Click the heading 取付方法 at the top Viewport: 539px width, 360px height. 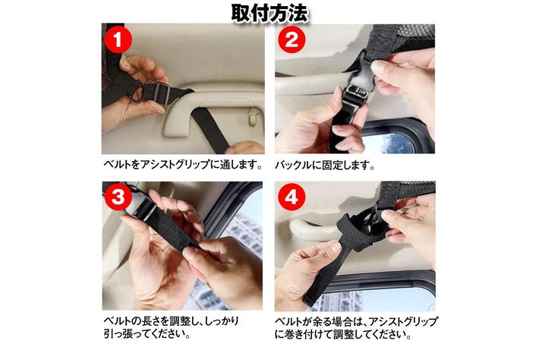click(269, 14)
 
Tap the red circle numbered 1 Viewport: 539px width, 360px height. click(118, 39)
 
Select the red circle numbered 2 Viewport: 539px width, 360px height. click(292, 39)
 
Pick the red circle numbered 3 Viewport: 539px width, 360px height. click(118, 197)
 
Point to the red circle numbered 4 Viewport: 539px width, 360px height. click(292, 197)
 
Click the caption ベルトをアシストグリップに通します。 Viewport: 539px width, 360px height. click(183, 164)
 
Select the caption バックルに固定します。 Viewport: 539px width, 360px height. click(325, 165)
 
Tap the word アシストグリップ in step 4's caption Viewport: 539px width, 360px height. click(403, 322)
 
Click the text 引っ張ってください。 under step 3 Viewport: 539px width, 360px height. click(147, 333)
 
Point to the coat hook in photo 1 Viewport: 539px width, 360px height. click(253, 116)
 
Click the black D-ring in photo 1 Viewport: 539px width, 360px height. click(135, 91)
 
